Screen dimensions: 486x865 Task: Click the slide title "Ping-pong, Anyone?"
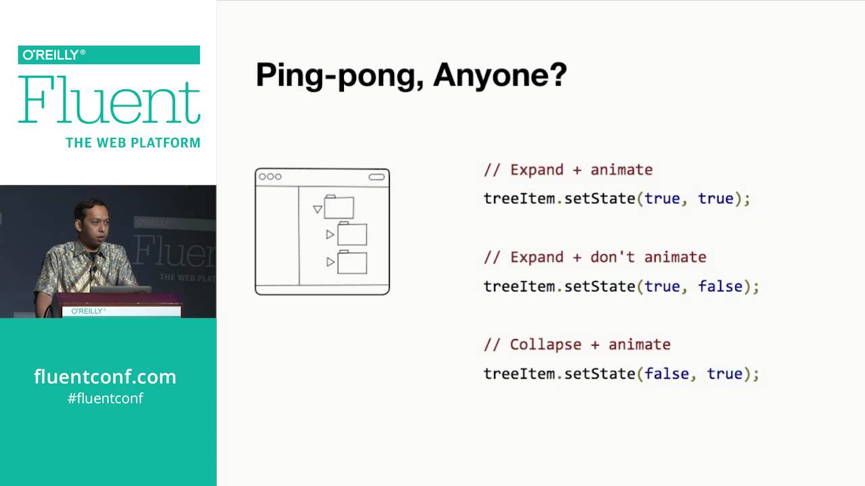pyautogui.click(x=411, y=76)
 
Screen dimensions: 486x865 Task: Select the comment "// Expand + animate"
pyautogui.click(x=568, y=170)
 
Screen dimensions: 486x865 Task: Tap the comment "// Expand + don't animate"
pyautogui.click(x=595, y=257)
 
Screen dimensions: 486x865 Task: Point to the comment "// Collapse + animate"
pyautogui.click(x=576, y=345)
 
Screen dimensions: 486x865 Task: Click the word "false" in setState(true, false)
pyautogui.click(x=720, y=286)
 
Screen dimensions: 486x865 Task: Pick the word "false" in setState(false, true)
pyautogui.click(x=666, y=374)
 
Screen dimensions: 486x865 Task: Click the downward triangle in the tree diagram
pyautogui.click(x=317, y=209)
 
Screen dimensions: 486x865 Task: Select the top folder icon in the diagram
pyautogui.click(x=339, y=207)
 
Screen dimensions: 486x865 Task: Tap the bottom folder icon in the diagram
pyautogui.click(x=352, y=262)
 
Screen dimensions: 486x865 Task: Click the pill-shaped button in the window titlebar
pyautogui.click(x=376, y=177)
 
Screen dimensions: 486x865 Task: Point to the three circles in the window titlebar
pyautogui.click(x=270, y=177)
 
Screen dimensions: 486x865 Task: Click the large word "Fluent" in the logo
pyautogui.click(x=109, y=101)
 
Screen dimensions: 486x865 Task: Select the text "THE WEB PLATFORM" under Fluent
pyautogui.click(x=132, y=143)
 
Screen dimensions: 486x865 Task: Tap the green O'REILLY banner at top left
pyautogui.click(x=109, y=55)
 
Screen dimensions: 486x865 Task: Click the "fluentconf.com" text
pyautogui.click(x=105, y=377)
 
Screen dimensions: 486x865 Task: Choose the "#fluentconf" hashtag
pyautogui.click(x=105, y=398)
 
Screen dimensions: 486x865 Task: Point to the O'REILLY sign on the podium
pyautogui.click(x=88, y=311)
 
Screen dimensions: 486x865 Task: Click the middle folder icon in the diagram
pyautogui.click(x=352, y=234)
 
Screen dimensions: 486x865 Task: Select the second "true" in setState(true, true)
pyautogui.click(x=715, y=198)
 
